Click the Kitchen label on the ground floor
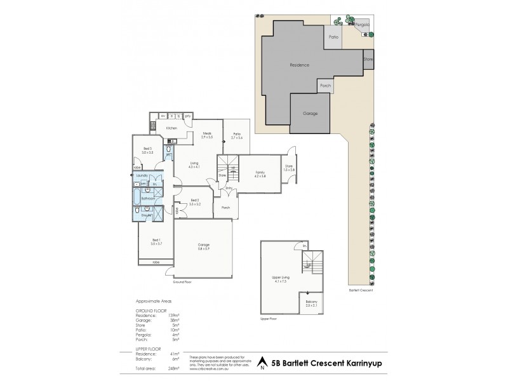click(171, 128)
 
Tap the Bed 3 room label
click(147, 150)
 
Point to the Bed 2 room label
click(194, 201)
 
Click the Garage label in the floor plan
click(203, 244)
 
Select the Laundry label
click(142, 176)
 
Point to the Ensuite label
click(145, 215)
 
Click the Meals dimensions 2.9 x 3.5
click(207, 137)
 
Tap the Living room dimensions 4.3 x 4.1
click(194, 167)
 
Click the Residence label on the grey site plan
click(299, 65)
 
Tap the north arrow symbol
click(262, 364)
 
